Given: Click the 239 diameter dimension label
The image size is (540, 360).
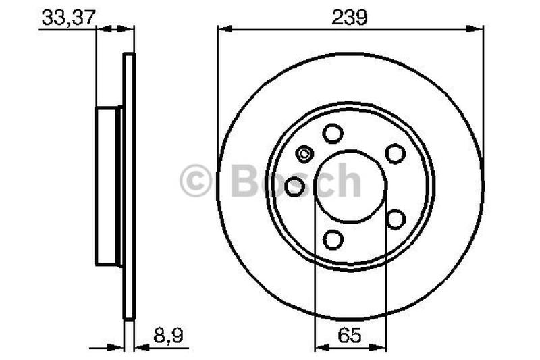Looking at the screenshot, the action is click(350, 18).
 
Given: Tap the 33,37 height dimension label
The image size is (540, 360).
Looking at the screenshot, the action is click(68, 18).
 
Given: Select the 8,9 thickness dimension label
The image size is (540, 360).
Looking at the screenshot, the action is click(168, 336).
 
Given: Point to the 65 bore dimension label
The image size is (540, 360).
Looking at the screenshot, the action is click(350, 336).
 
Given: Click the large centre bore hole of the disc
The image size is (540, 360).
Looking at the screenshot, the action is click(350, 186).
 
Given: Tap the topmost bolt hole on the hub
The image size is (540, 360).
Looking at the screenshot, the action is click(333, 133).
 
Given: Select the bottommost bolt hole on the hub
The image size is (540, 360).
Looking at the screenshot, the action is click(333, 239).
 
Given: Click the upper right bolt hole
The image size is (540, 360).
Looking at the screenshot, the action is click(395, 153).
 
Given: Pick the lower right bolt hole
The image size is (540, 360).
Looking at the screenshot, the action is click(396, 219).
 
